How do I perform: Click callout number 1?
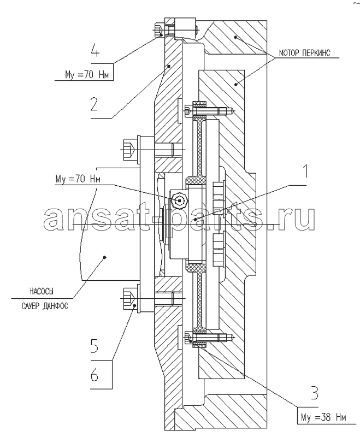coord(306,171)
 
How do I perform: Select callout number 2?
coord(94,104)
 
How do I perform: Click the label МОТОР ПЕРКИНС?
coord(304,52)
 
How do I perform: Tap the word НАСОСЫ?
coord(42,292)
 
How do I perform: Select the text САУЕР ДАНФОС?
coord(45,306)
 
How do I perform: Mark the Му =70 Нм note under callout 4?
coord(87,75)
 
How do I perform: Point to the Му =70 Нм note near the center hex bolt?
coord(78,179)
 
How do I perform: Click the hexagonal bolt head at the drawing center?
coord(180,200)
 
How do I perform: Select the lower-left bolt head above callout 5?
coord(129,298)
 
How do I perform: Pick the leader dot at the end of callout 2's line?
coord(169,66)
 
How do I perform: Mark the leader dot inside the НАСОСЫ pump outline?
coord(105,257)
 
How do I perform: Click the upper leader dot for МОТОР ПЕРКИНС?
coord(235,37)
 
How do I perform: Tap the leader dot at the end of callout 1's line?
coord(196,220)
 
